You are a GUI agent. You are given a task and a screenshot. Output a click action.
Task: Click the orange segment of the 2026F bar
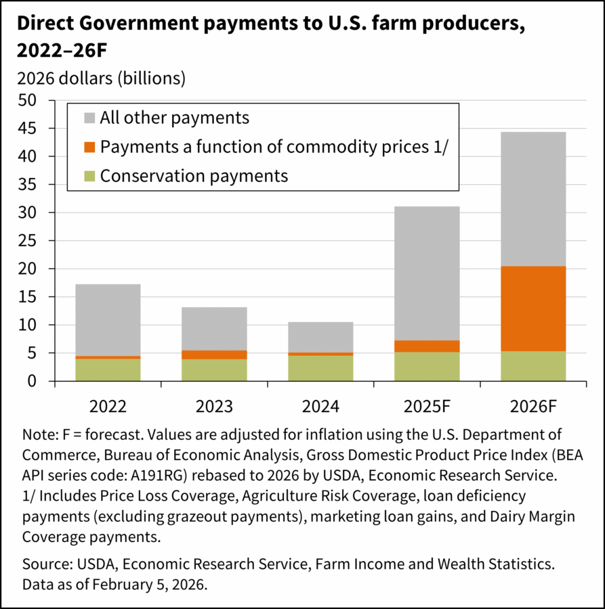533,309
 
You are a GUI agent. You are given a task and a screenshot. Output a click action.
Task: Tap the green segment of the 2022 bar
108,369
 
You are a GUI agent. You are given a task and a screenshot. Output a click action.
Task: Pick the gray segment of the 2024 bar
320,337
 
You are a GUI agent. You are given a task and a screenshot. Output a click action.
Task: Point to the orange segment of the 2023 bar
214,355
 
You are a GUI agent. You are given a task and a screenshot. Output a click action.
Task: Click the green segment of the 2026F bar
533,366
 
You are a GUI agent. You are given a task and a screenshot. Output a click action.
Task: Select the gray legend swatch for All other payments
89,118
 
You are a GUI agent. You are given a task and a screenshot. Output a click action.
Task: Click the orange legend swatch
89,147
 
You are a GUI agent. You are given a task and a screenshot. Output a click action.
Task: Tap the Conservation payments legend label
194,176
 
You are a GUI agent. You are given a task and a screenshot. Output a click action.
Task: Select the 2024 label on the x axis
320,407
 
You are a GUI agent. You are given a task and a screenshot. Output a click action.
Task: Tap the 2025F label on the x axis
427,407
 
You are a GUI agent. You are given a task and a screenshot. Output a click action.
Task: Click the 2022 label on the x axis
108,407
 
